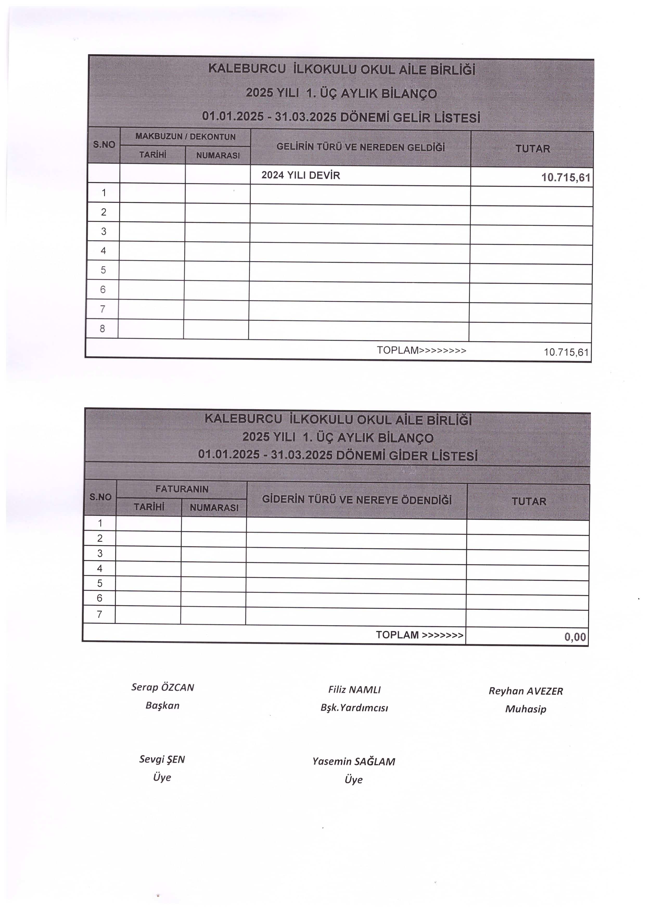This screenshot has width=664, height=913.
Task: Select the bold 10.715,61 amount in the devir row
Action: (565, 177)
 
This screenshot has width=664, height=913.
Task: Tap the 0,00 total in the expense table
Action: (575, 636)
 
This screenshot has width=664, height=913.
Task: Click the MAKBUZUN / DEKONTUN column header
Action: (185, 137)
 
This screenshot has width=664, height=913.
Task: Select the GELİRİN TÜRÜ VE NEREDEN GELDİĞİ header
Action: (360, 147)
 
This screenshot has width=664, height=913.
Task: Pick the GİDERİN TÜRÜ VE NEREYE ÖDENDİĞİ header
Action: (357, 500)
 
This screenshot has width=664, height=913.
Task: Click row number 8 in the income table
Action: (102, 329)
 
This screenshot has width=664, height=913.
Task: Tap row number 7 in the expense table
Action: (99, 615)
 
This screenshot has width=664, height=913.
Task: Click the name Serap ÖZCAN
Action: (163, 687)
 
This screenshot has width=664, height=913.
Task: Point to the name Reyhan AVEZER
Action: (526, 691)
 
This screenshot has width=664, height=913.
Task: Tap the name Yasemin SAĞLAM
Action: (354, 762)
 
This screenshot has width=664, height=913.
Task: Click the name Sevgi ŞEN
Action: (162, 759)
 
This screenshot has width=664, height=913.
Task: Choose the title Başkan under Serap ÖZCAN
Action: (162, 705)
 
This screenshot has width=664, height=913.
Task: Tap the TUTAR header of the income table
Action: (532, 149)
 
